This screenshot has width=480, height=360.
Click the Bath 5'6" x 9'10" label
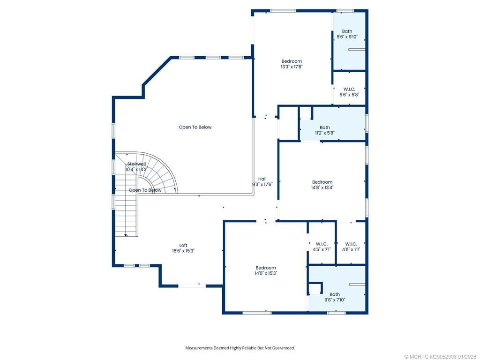click(347, 34)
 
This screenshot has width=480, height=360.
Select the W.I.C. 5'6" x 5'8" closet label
click(349, 92)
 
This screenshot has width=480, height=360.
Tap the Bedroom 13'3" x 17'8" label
click(292, 64)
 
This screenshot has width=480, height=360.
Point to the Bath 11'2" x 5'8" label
click(325, 130)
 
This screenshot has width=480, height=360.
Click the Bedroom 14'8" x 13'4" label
click(322, 185)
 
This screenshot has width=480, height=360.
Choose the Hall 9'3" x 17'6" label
click(262, 182)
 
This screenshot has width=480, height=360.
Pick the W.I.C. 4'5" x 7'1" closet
click(322, 247)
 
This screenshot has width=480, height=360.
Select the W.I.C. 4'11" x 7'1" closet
click(351, 247)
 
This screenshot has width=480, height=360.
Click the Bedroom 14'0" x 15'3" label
click(266, 270)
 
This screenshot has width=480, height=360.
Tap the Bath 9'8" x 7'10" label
click(335, 297)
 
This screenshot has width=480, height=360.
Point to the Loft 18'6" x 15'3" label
click(183, 248)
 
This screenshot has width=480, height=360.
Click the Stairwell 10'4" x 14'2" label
click(136, 166)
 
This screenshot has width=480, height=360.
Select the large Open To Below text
click(195, 127)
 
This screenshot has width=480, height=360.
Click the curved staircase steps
click(162, 171)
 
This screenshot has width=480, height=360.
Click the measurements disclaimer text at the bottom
click(240, 348)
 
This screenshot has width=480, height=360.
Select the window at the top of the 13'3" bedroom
click(283, 10)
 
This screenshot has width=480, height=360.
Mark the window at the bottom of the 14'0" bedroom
click(256, 313)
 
